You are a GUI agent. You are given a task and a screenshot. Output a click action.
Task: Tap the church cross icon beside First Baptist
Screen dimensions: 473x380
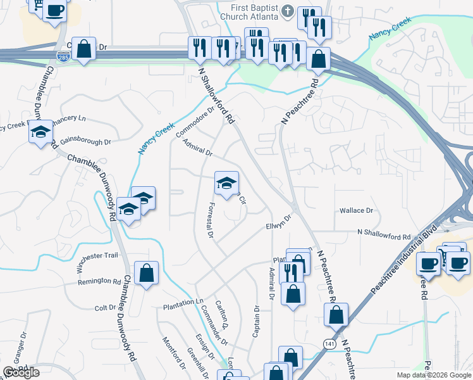(288, 11)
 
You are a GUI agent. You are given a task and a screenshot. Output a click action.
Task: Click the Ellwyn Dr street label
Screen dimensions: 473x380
(278, 224)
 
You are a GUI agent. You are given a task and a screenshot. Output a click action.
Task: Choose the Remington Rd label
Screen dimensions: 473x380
(99, 281)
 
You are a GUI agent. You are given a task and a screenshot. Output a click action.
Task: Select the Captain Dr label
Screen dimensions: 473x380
(257, 322)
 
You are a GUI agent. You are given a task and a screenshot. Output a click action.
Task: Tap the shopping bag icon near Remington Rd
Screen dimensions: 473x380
(147, 274)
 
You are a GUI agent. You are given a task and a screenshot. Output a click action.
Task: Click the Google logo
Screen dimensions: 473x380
(21, 372)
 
